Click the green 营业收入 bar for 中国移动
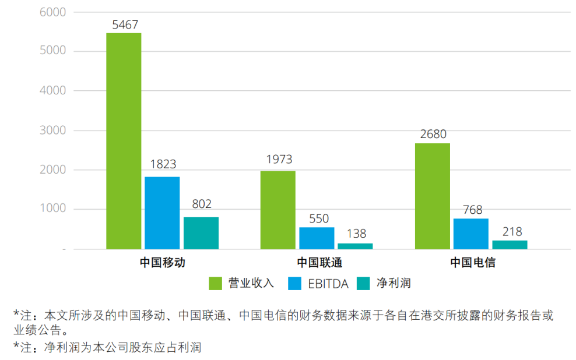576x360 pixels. [x=124, y=141]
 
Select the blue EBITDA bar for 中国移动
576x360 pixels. [x=162, y=213]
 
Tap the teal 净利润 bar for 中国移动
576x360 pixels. [x=201, y=233]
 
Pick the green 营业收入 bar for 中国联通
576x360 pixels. [x=278, y=210]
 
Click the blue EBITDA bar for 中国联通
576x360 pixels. [x=317, y=238]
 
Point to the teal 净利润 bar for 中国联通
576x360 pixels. [x=355, y=246]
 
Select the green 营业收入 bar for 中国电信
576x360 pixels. [x=433, y=196]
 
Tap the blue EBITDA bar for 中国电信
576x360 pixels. [x=471, y=234]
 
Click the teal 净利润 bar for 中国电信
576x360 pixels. [x=510, y=245]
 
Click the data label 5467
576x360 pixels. [x=124, y=24]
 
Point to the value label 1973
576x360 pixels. [x=278, y=160]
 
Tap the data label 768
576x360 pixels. [x=471, y=210]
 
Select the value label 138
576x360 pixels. [x=355, y=234]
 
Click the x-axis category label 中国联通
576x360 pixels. [x=317, y=263]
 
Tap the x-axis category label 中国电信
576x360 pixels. [x=471, y=263]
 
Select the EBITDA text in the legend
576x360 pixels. [x=327, y=284]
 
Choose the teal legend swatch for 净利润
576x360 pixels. [x=364, y=284]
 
